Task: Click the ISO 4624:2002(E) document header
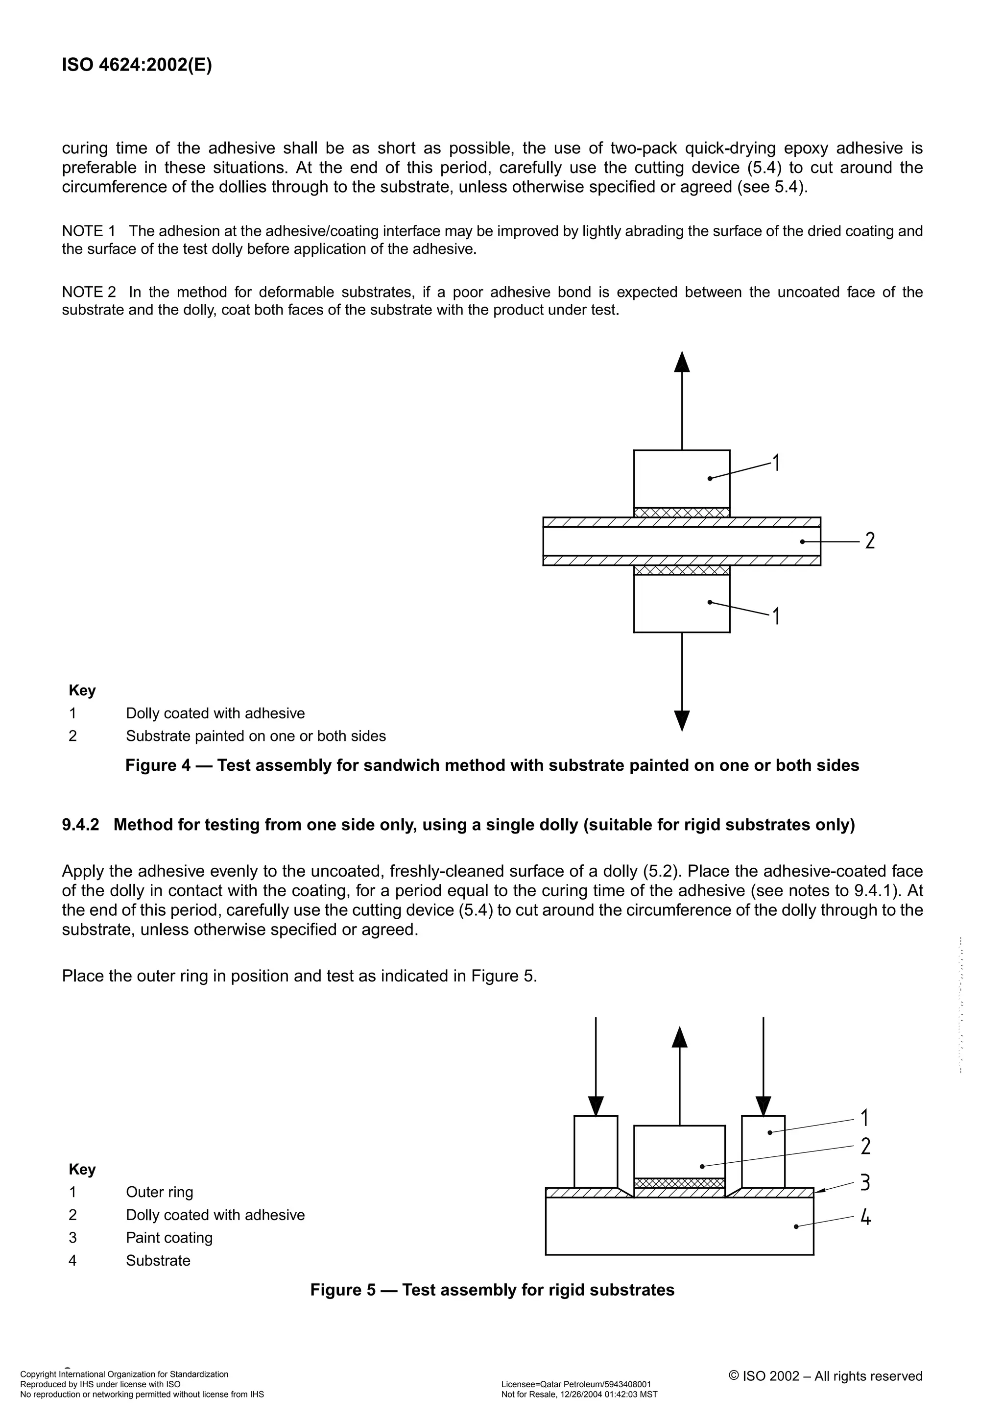137,66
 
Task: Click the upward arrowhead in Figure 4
681,362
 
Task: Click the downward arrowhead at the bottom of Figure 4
681,720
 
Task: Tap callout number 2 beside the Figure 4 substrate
869,541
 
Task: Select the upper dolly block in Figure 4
681,478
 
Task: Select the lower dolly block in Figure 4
681,603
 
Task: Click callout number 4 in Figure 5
866,1218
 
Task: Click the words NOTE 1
89,231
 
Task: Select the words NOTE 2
89,292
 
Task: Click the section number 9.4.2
80,825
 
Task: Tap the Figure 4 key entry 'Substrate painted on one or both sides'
256,736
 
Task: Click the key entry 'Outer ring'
160,1192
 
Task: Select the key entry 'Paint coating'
169,1238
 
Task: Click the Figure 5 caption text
492,1290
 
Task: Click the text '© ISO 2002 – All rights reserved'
825,1376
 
